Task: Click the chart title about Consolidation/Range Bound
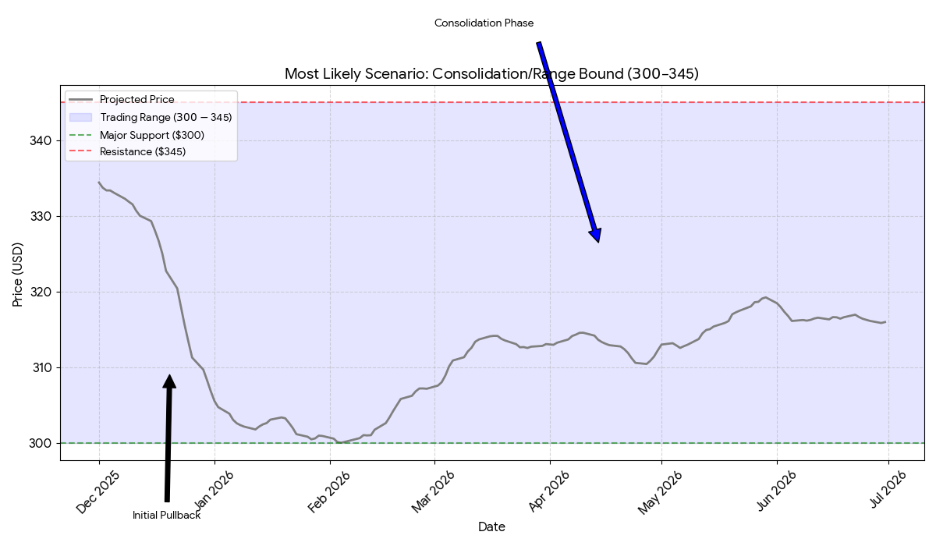[x=491, y=74]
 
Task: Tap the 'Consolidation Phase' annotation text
[x=484, y=23]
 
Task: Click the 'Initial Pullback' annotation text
[x=167, y=515]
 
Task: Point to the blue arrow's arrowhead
[x=596, y=236]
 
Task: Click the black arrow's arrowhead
[x=169, y=381]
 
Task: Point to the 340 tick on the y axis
[x=41, y=140]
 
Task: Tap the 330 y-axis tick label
[x=41, y=216]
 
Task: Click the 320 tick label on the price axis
[x=41, y=292]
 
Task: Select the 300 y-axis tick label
[x=41, y=443]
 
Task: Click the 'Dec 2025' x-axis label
[x=98, y=492]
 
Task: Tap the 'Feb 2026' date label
[x=329, y=492]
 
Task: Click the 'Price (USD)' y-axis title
[x=17, y=275]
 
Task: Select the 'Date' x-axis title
[x=492, y=526]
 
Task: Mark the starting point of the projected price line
[x=98, y=183]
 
